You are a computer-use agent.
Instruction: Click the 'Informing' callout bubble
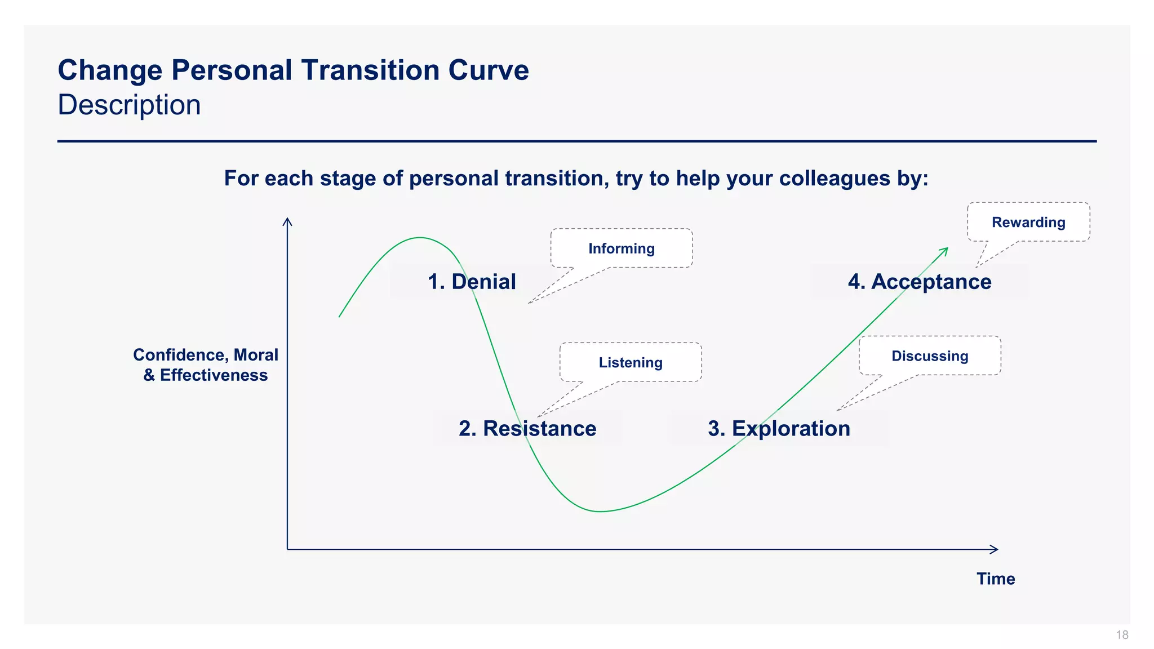tap(622, 248)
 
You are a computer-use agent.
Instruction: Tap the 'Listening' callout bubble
tap(631, 362)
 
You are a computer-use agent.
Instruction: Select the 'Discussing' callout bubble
tap(930, 356)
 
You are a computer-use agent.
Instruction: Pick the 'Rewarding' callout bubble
tap(1028, 222)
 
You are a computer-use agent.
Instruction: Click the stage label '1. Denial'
tap(472, 282)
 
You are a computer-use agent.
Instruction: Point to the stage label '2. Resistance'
tap(527, 429)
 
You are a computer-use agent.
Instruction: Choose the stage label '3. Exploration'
tap(779, 429)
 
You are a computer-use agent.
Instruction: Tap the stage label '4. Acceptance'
tap(920, 282)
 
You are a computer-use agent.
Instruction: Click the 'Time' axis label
tap(996, 579)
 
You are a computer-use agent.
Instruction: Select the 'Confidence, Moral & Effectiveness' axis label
tap(206, 365)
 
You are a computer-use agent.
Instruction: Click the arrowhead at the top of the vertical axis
tap(287, 221)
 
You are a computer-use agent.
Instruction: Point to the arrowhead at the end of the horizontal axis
tap(995, 549)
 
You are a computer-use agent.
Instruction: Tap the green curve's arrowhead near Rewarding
tap(945, 250)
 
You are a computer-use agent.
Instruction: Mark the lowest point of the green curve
tap(601, 512)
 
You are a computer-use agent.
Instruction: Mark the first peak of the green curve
tap(420, 238)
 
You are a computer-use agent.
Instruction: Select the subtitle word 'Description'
tap(129, 105)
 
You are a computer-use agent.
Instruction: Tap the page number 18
tap(1122, 635)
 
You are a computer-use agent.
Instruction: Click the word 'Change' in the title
tap(110, 70)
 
